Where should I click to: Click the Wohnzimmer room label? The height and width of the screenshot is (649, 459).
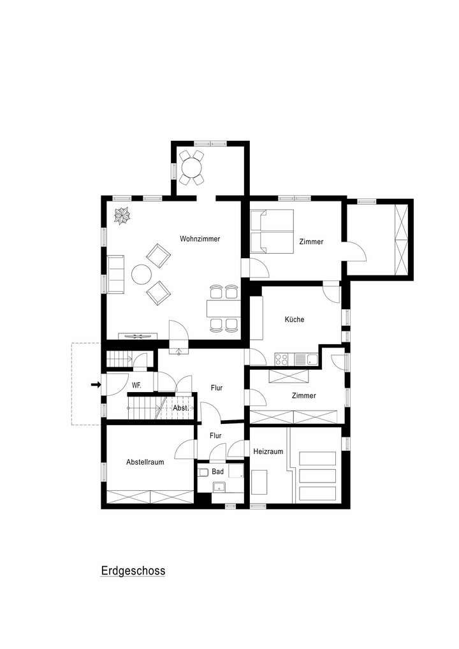(x=200, y=239)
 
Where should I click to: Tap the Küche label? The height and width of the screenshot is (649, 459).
(x=294, y=319)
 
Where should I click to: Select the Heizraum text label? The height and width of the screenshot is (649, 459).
(x=268, y=451)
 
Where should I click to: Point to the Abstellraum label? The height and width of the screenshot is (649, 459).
(x=145, y=462)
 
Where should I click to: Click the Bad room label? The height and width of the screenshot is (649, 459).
(x=218, y=472)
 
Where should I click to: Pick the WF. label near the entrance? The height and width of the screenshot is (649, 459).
(x=136, y=385)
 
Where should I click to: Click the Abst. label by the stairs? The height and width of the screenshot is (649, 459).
(x=180, y=408)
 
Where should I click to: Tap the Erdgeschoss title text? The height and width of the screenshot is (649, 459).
(x=133, y=571)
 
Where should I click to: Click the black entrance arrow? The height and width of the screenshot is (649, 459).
(x=96, y=384)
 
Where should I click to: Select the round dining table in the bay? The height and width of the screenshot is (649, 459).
(x=191, y=168)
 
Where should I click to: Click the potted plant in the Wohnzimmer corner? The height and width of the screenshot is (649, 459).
(x=121, y=215)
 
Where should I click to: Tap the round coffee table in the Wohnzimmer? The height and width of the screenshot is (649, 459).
(x=141, y=275)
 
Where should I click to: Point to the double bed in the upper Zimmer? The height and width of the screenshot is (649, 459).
(x=272, y=231)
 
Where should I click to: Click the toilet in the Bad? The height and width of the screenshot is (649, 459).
(x=203, y=472)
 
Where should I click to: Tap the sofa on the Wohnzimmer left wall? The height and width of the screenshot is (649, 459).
(x=115, y=274)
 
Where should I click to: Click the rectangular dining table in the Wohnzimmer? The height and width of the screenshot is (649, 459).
(x=223, y=309)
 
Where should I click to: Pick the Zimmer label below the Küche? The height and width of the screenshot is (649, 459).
(x=303, y=396)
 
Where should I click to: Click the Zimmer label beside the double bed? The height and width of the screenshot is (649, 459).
(x=311, y=242)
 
